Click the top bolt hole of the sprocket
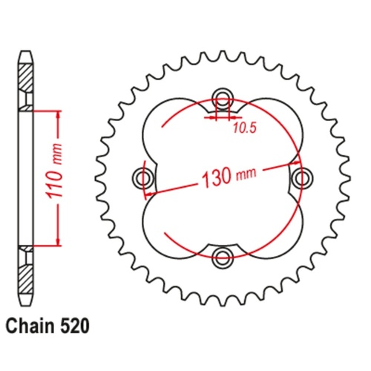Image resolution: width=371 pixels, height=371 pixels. (222, 100)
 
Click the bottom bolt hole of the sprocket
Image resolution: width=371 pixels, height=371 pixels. (222, 257)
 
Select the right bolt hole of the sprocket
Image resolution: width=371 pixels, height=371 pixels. (300, 178)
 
